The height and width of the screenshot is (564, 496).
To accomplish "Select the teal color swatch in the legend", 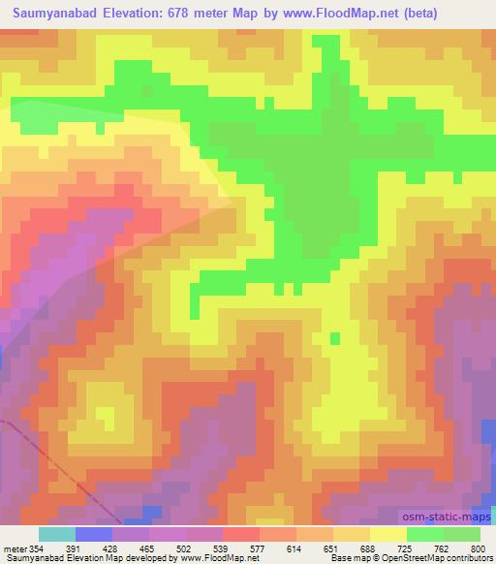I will [x=57, y=534].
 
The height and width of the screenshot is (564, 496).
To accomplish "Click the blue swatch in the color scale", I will [x=94, y=534].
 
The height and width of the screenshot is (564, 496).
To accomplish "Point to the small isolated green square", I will [x=335, y=337].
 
